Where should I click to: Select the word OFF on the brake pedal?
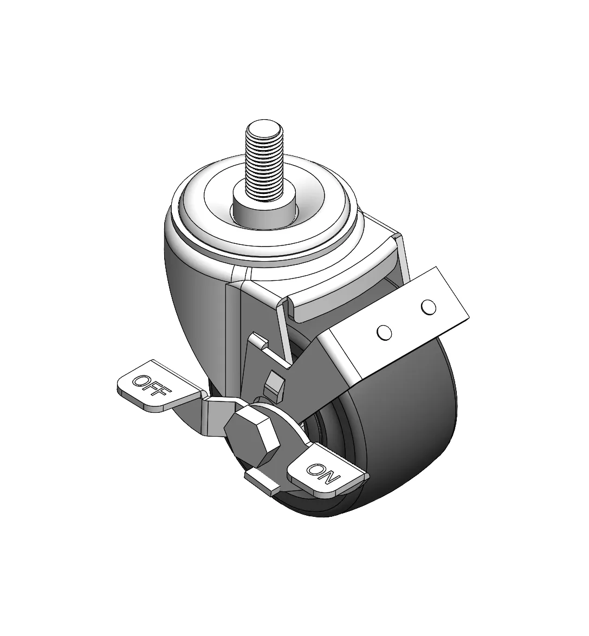(152, 386)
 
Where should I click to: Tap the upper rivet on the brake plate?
(429, 307)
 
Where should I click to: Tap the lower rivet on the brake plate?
(384, 332)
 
